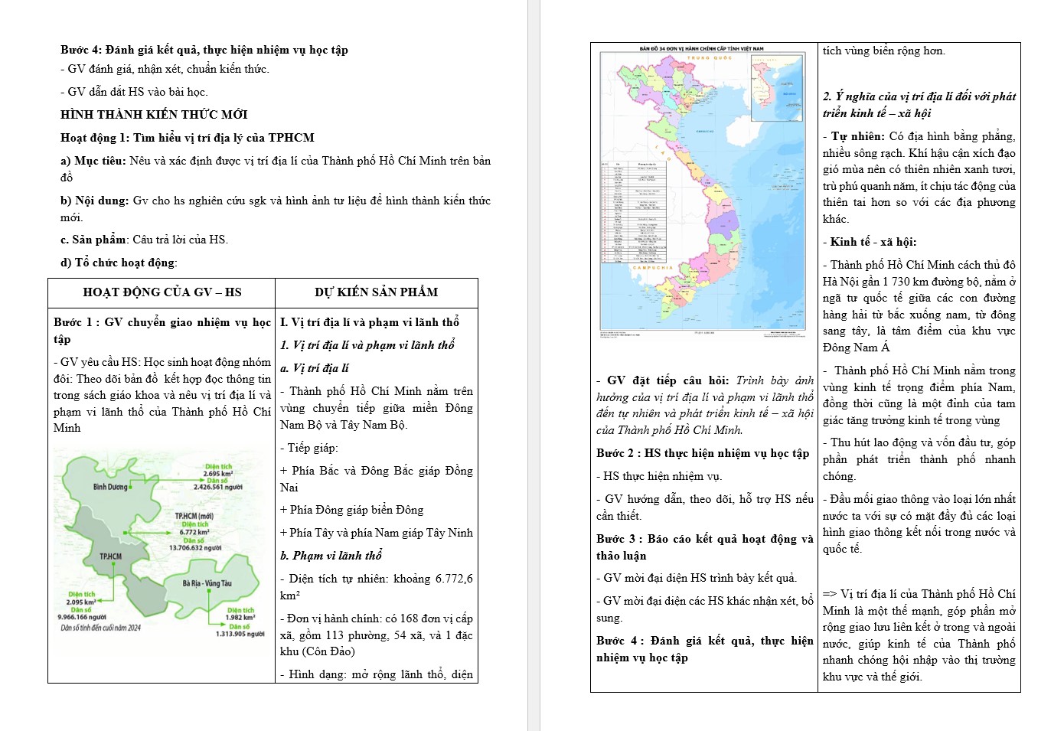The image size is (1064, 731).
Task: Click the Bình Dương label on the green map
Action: pos(110,487)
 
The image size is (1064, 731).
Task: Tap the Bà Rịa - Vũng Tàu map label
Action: pos(207,583)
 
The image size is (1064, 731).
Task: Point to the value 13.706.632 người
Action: pos(195,547)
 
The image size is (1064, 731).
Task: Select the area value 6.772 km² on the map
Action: pos(194,532)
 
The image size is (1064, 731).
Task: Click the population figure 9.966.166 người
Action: pos(82,617)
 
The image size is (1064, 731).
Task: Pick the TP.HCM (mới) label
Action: pos(194,517)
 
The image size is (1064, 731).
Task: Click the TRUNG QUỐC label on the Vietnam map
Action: pos(710,58)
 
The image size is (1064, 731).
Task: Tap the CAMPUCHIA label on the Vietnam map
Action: pos(653,268)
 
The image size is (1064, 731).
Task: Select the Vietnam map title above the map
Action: pos(702,48)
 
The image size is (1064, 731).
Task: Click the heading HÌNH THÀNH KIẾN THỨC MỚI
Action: pos(154,115)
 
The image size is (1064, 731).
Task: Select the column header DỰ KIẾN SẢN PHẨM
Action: pos(376,292)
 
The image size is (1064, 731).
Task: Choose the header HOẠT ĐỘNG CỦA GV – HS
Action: pos(162,292)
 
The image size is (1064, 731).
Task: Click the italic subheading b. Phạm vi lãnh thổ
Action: pos(331,556)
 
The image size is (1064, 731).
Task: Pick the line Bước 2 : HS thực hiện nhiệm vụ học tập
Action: pos(702,453)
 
